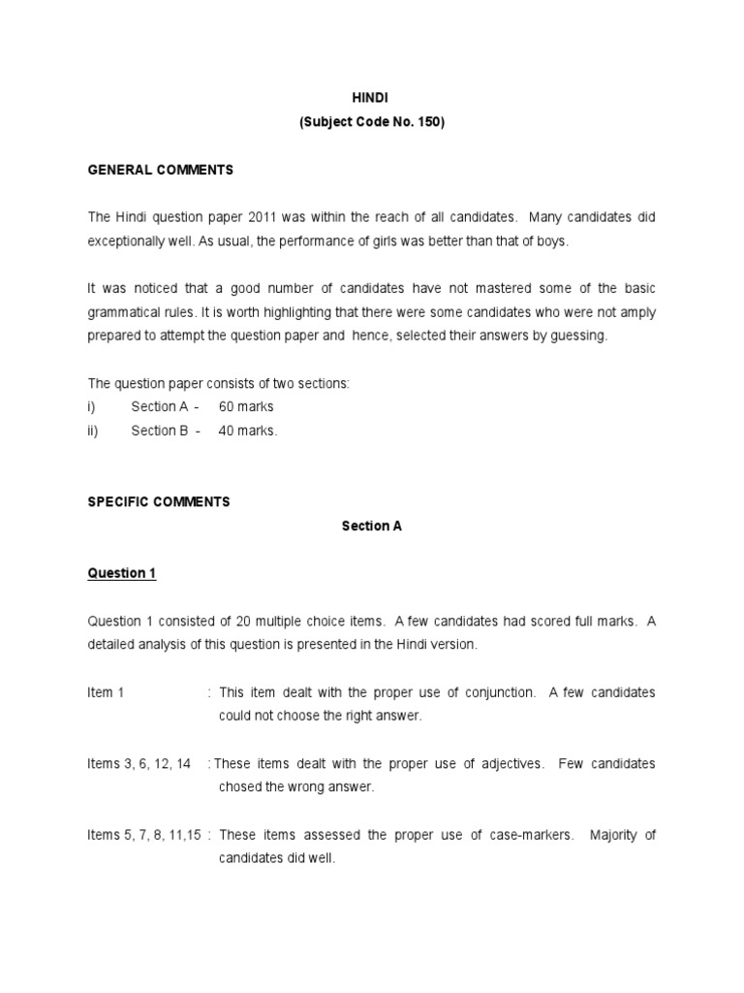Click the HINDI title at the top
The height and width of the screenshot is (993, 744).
point(371,98)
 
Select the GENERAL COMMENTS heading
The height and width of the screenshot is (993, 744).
point(160,170)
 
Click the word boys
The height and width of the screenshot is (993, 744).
point(550,240)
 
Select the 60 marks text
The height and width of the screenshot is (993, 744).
point(246,407)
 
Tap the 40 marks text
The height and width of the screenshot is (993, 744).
point(248,431)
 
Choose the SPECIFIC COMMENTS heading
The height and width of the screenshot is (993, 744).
point(159,501)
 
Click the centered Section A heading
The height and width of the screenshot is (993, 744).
point(371,526)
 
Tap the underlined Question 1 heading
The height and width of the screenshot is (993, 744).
point(121,573)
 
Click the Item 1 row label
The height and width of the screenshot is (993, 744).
point(106,692)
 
